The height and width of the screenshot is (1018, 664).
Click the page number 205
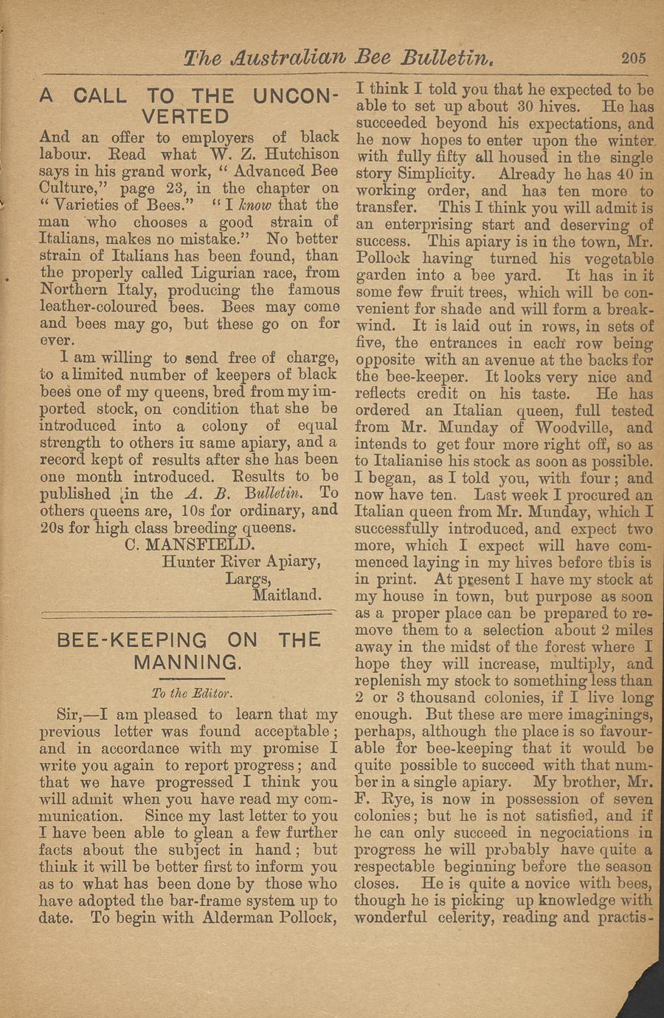(633, 58)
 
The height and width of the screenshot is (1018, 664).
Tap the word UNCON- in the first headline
(295, 97)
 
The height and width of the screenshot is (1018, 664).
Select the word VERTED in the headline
(185, 117)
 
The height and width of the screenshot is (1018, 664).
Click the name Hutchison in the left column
(302, 154)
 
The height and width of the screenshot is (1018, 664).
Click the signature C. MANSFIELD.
(190, 545)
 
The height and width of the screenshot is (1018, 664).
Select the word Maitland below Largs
(286, 594)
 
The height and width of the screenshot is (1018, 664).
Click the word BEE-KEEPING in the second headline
(132, 640)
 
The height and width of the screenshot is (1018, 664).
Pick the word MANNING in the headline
(187, 662)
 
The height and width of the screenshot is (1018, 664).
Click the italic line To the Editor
(191, 693)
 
